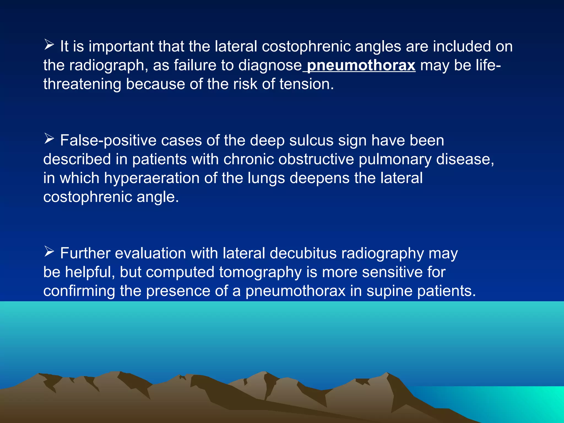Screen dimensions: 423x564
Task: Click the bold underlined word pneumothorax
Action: (x=361, y=66)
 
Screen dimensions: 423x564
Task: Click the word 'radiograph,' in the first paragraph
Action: (x=108, y=66)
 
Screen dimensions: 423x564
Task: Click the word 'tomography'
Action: (x=260, y=272)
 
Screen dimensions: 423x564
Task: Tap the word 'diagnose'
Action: (x=270, y=66)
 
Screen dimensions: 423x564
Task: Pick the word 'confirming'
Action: (x=79, y=291)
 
